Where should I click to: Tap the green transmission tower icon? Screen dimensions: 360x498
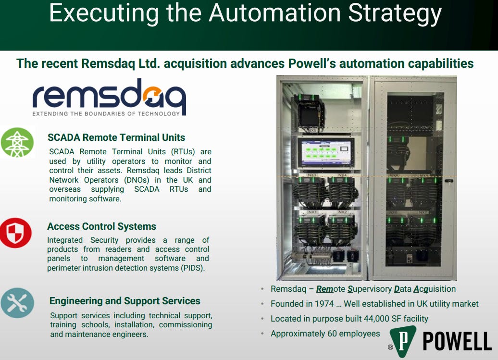click(17, 143)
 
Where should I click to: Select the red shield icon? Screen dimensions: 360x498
click(16, 233)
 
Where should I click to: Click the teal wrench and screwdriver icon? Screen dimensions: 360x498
click(17, 303)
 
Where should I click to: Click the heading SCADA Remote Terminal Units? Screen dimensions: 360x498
click(116, 138)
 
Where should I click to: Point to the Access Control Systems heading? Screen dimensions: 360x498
click(101, 226)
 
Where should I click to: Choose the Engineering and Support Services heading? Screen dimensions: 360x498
click(124, 301)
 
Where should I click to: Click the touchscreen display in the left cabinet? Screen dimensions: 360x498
click(325, 152)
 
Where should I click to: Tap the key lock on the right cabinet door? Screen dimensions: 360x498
click(449, 182)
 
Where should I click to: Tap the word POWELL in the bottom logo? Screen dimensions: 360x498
click(456, 342)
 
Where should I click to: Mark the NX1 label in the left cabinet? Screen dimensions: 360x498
click(312, 211)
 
